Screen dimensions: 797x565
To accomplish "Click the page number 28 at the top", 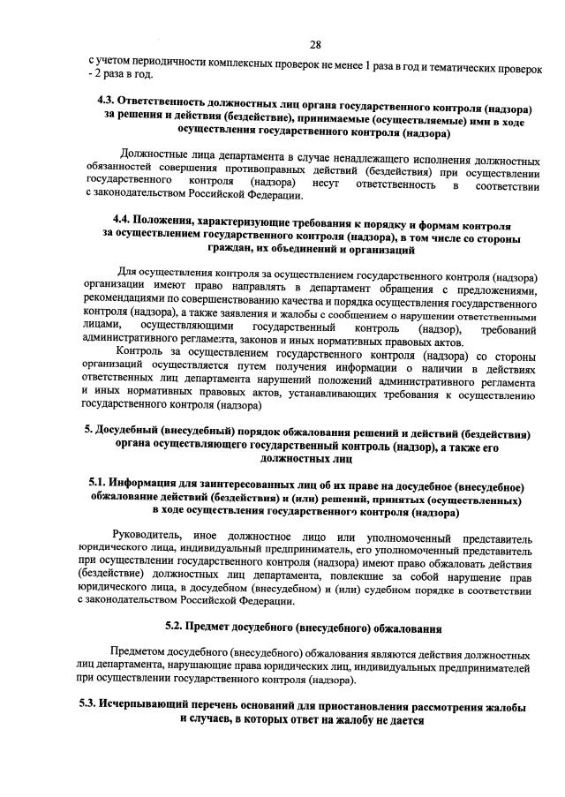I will coord(315,44).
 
